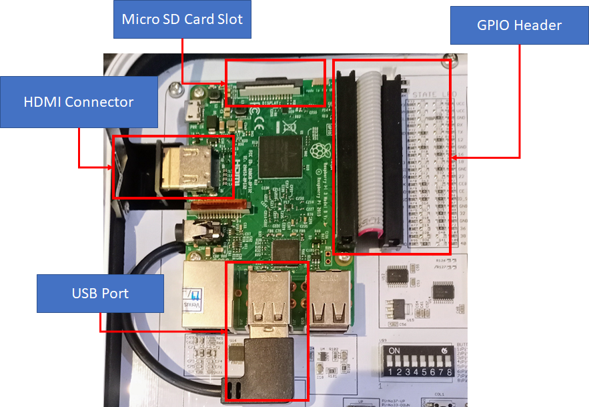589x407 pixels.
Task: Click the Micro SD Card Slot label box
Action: pyautogui.click(x=182, y=19)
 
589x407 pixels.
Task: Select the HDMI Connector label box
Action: pyautogui.click(x=79, y=102)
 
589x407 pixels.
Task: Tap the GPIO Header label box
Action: pyautogui.click(x=519, y=25)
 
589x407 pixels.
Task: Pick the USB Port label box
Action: pyautogui.click(x=100, y=294)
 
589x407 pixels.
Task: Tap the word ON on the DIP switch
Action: pyautogui.click(x=395, y=350)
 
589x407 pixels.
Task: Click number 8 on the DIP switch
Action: pyautogui.click(x=451, y=372)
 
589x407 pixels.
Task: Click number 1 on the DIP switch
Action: pyautogui.click(x=390, y=372)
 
